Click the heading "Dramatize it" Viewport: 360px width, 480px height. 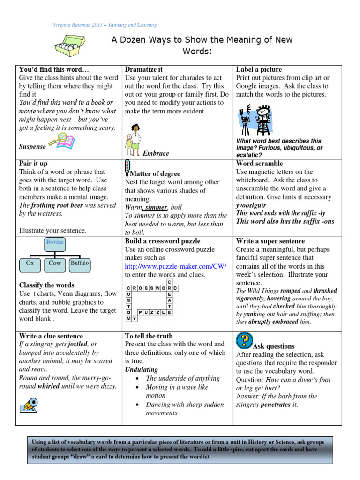(144, 69)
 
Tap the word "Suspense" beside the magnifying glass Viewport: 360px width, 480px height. (32, 146)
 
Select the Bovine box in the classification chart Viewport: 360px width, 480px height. (55, 242)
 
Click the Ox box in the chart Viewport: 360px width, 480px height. (30, 263)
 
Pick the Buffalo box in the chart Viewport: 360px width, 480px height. (79, 263)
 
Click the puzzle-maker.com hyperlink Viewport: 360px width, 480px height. (175, 266)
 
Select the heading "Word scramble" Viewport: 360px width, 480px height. (259, 164)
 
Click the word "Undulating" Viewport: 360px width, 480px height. (142, 370)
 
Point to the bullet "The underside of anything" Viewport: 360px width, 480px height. (182, 378)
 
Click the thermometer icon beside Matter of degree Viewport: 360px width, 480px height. (127, 167)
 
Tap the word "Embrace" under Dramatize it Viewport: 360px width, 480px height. (156, 153)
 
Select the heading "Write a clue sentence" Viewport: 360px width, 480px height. (51, 336)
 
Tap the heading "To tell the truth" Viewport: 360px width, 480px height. (149, 336)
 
